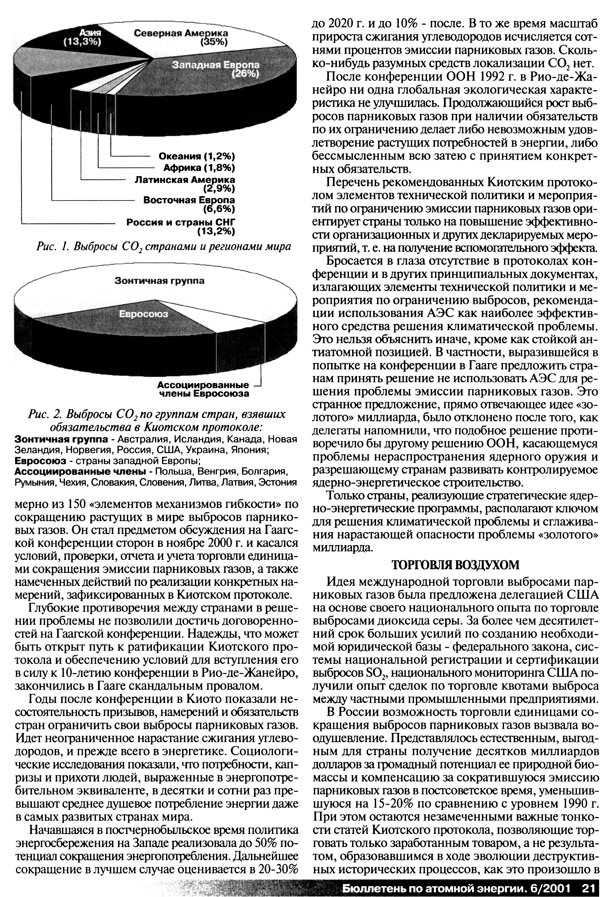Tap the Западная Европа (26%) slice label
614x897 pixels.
[216, 69]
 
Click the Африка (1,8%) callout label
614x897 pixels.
[199, 168]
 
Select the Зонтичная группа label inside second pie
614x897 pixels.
[159, 281]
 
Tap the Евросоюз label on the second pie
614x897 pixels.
[143, 314]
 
